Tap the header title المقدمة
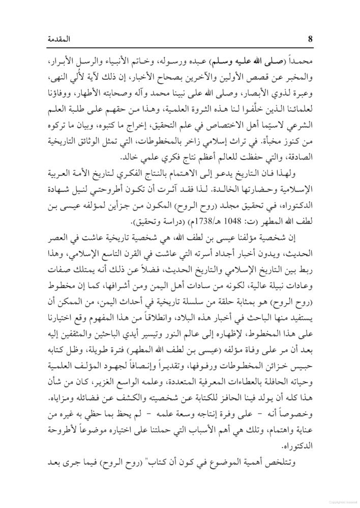pos(310,39)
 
